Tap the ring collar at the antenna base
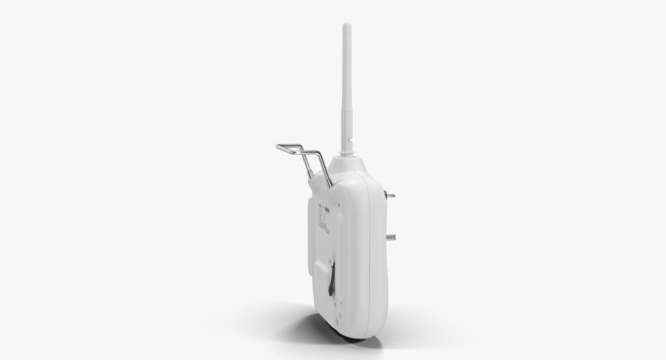coord(345,152)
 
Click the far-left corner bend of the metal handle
coord(278,146)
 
